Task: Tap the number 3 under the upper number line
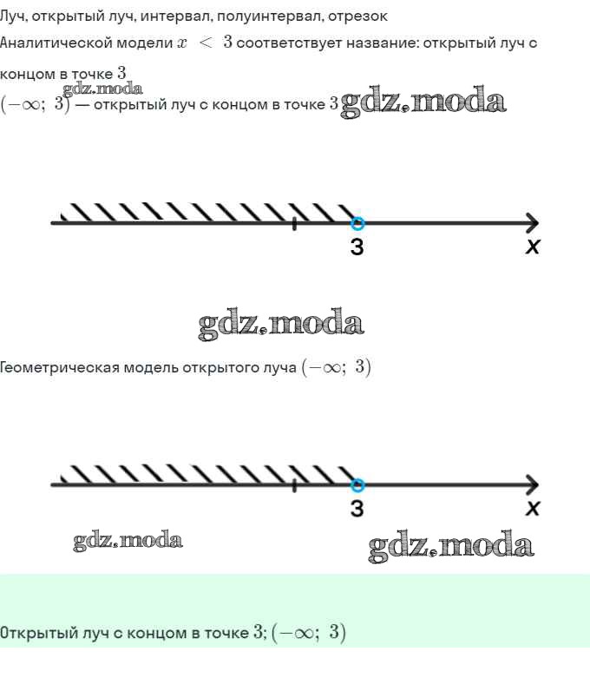coord(357,247)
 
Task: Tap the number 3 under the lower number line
coord(357,508)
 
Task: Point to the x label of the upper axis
coord(533,247)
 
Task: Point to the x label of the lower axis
coord(533,508)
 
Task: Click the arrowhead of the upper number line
coord(533,223)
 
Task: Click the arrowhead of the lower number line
coord(533,484)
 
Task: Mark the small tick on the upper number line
coord(294,224)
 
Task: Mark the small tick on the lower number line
coord(294,485)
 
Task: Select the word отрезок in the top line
coord(357,16)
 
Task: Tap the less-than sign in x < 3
coord(206,43)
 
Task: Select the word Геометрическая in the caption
coord(59,367)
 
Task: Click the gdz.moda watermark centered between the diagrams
coord(281,323)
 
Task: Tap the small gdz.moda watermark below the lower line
coord(128,541)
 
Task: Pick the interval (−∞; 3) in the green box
coord(309,633)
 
